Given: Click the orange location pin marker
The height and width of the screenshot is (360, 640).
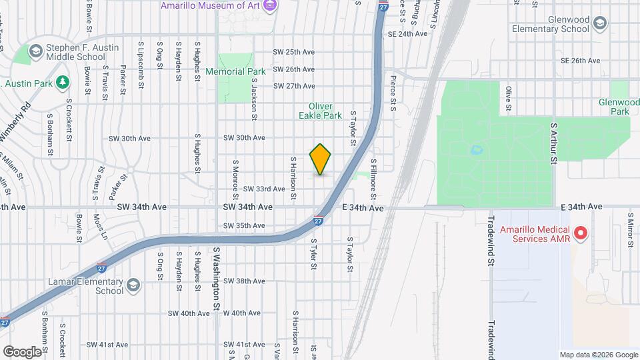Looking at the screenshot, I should pyautogui.click(x=321, y=159).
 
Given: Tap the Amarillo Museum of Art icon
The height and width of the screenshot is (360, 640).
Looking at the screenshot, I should pyautogui.click(x=270, y=6).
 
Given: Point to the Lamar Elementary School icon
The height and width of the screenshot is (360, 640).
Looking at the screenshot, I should pyautogui.click(x=133, y=286).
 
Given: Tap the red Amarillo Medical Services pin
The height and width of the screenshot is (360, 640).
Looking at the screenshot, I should pyautogui.click(x=580, y=233).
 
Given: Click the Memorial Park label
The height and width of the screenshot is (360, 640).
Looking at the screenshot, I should pyautogui.click(x=235, y=71).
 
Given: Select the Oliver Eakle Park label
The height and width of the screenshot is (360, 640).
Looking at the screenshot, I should pyautogui.click(x=325, y=111).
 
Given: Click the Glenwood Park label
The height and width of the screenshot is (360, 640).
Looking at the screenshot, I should pyautogui.click(x=615, y=107).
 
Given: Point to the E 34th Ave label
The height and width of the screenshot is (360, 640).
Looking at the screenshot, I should pyautogui.click(x=363, y=208).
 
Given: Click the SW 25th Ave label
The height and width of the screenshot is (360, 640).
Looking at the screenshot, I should pyautogui.click(x=293, y=52).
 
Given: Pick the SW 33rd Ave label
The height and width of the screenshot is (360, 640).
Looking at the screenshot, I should pyautogui.click(x=264, y=189).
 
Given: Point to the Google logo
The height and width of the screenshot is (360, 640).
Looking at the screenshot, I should pyautogui.click(x=22, y=351).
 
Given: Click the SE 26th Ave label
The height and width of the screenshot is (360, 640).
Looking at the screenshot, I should pyautogui.click(x=581, y=61).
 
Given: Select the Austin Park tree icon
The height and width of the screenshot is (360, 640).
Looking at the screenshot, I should pyautogui.click(x=62, y=82).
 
